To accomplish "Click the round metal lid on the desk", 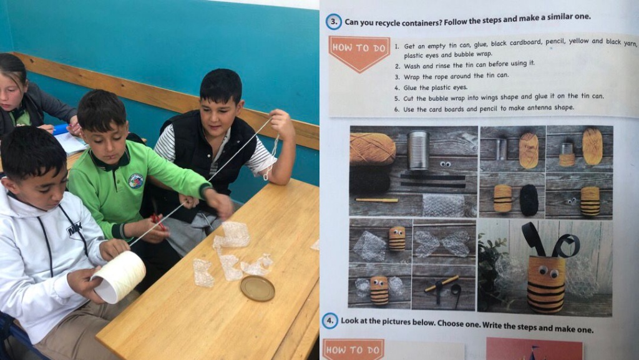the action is [257, 288].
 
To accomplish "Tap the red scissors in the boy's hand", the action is [158, 222].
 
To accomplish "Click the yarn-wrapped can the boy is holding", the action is [119, 276].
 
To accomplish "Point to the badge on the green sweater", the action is [135, 181].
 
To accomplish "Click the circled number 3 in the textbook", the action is [334, 22].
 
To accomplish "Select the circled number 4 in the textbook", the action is [329, 321].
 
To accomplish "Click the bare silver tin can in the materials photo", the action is [419, 150].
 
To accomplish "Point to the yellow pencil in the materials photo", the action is [376, 200].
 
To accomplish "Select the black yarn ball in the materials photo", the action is [370, 179].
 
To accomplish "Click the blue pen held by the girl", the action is [61, 129].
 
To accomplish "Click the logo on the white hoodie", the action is [75, 228].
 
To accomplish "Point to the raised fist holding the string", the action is [281, 124].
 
